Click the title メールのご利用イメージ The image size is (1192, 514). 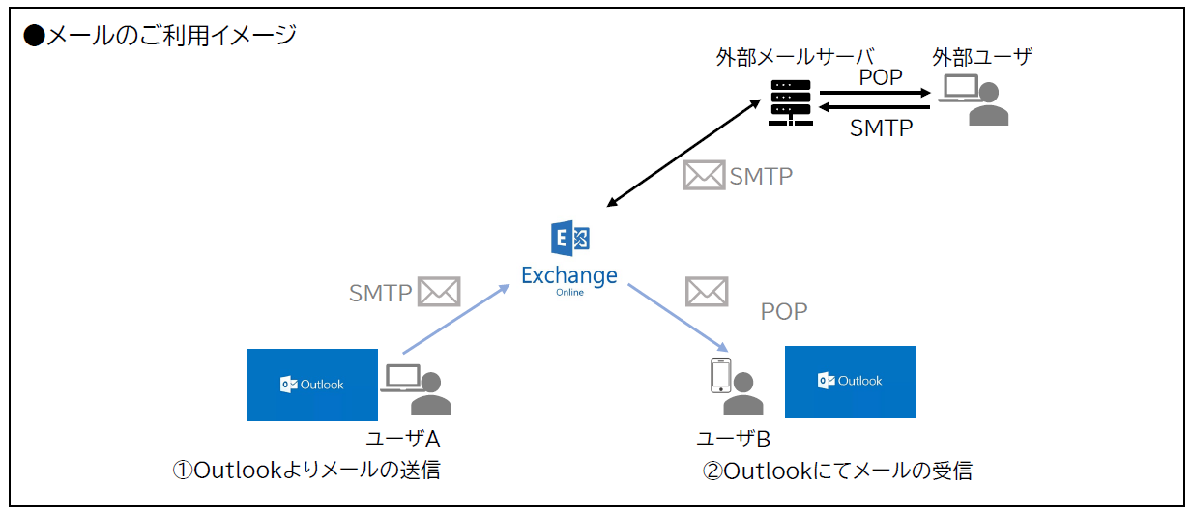160,36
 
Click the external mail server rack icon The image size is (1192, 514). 791,102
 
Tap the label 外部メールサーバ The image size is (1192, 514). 795,57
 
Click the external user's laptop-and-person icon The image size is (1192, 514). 975,100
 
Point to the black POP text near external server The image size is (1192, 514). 880,77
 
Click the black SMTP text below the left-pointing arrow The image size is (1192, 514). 881,128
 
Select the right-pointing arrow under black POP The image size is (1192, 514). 875,95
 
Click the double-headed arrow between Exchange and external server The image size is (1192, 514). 683,152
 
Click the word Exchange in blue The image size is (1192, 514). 568,275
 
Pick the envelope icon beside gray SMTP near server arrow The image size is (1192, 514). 703,175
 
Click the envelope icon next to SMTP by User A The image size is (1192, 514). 438,291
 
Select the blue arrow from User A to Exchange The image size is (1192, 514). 454,319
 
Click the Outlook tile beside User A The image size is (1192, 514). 311,384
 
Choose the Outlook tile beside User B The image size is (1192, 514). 850,381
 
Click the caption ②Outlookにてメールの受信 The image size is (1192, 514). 836,471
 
